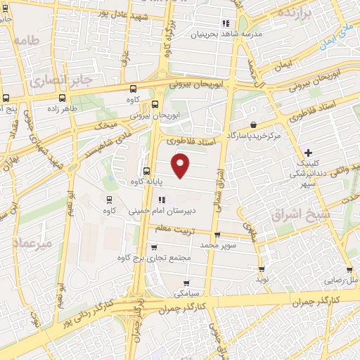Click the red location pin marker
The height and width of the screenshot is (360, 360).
point(181,165)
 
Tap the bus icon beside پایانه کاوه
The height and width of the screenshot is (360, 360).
point(146,171)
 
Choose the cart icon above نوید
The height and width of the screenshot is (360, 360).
point(262,269)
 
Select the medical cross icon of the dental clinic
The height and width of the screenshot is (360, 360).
point(308,152)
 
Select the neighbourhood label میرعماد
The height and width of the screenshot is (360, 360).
point(32,243)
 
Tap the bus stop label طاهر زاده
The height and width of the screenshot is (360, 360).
point(58,110)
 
